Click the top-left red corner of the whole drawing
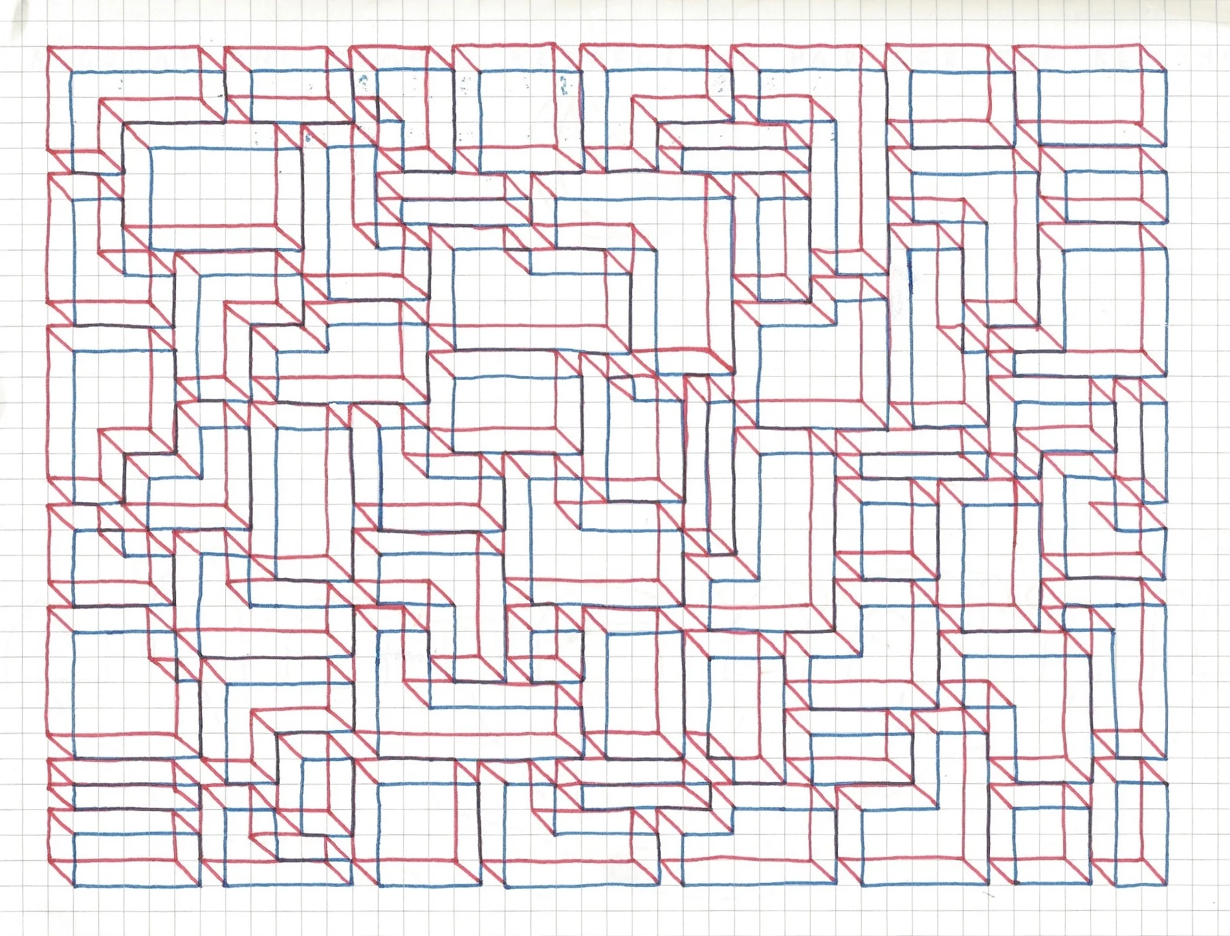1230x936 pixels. [x=49, y=47]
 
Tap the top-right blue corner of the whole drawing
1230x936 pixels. [x=1167, y=71]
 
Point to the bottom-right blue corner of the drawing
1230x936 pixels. [x=1167, y=885]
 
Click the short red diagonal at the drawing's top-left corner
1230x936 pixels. [x=60, y=59]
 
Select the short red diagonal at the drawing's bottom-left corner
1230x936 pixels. [x=61, y=873]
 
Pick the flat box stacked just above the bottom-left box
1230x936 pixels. [x=123, y=796]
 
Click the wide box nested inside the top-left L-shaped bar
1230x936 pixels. [x=214, y=188]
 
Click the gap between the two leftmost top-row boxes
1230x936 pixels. [x=212, y=65]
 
